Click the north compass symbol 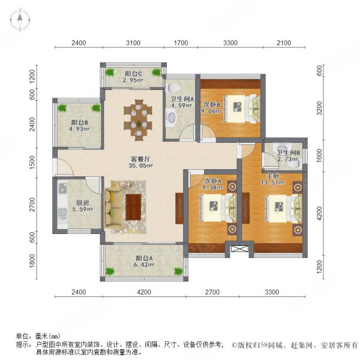[x=19, y=21]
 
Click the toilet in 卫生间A [x=173, y=119]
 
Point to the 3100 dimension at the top [x=133, y=43]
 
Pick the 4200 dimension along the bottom [x=142, y=292]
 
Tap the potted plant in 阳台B [x=62, y=108]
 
